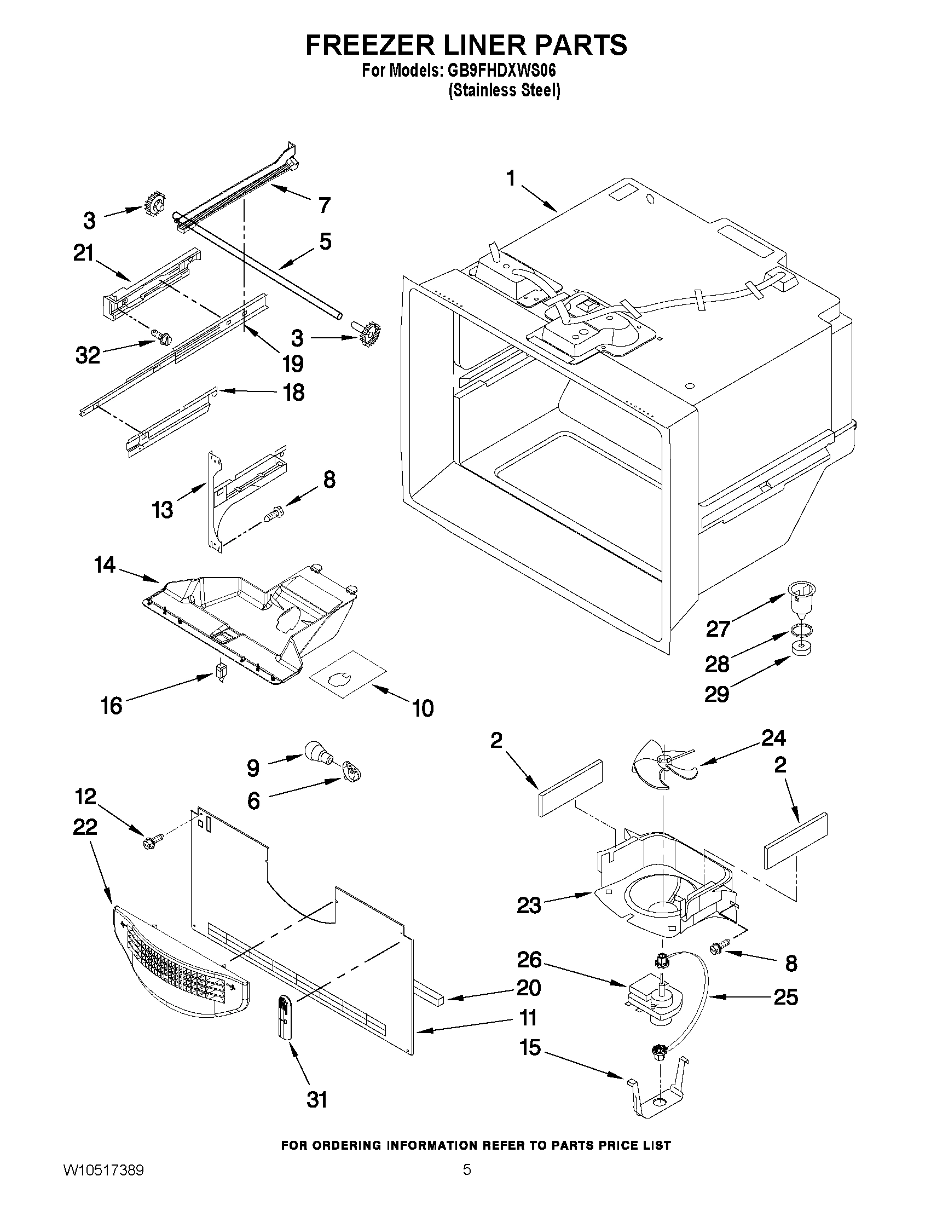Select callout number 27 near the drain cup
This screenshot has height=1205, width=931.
pyautogui.click(x=718, y=629)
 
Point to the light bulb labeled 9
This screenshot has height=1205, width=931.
pyautogui.click(x=317, y=752)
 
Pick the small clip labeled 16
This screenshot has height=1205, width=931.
pyautogui.click(x=221, y=672)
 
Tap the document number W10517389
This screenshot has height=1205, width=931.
pyautogui.click(x=103, y=1181)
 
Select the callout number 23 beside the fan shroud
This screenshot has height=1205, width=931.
pyautogui.click(x=528, y=905)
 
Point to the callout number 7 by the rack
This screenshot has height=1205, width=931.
pyautogui.click(x=325, y=205)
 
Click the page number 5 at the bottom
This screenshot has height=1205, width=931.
pyautogui.click(x=467, y=1181)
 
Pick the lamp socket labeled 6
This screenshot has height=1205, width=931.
pyautogui.click(x=351, y=771)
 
